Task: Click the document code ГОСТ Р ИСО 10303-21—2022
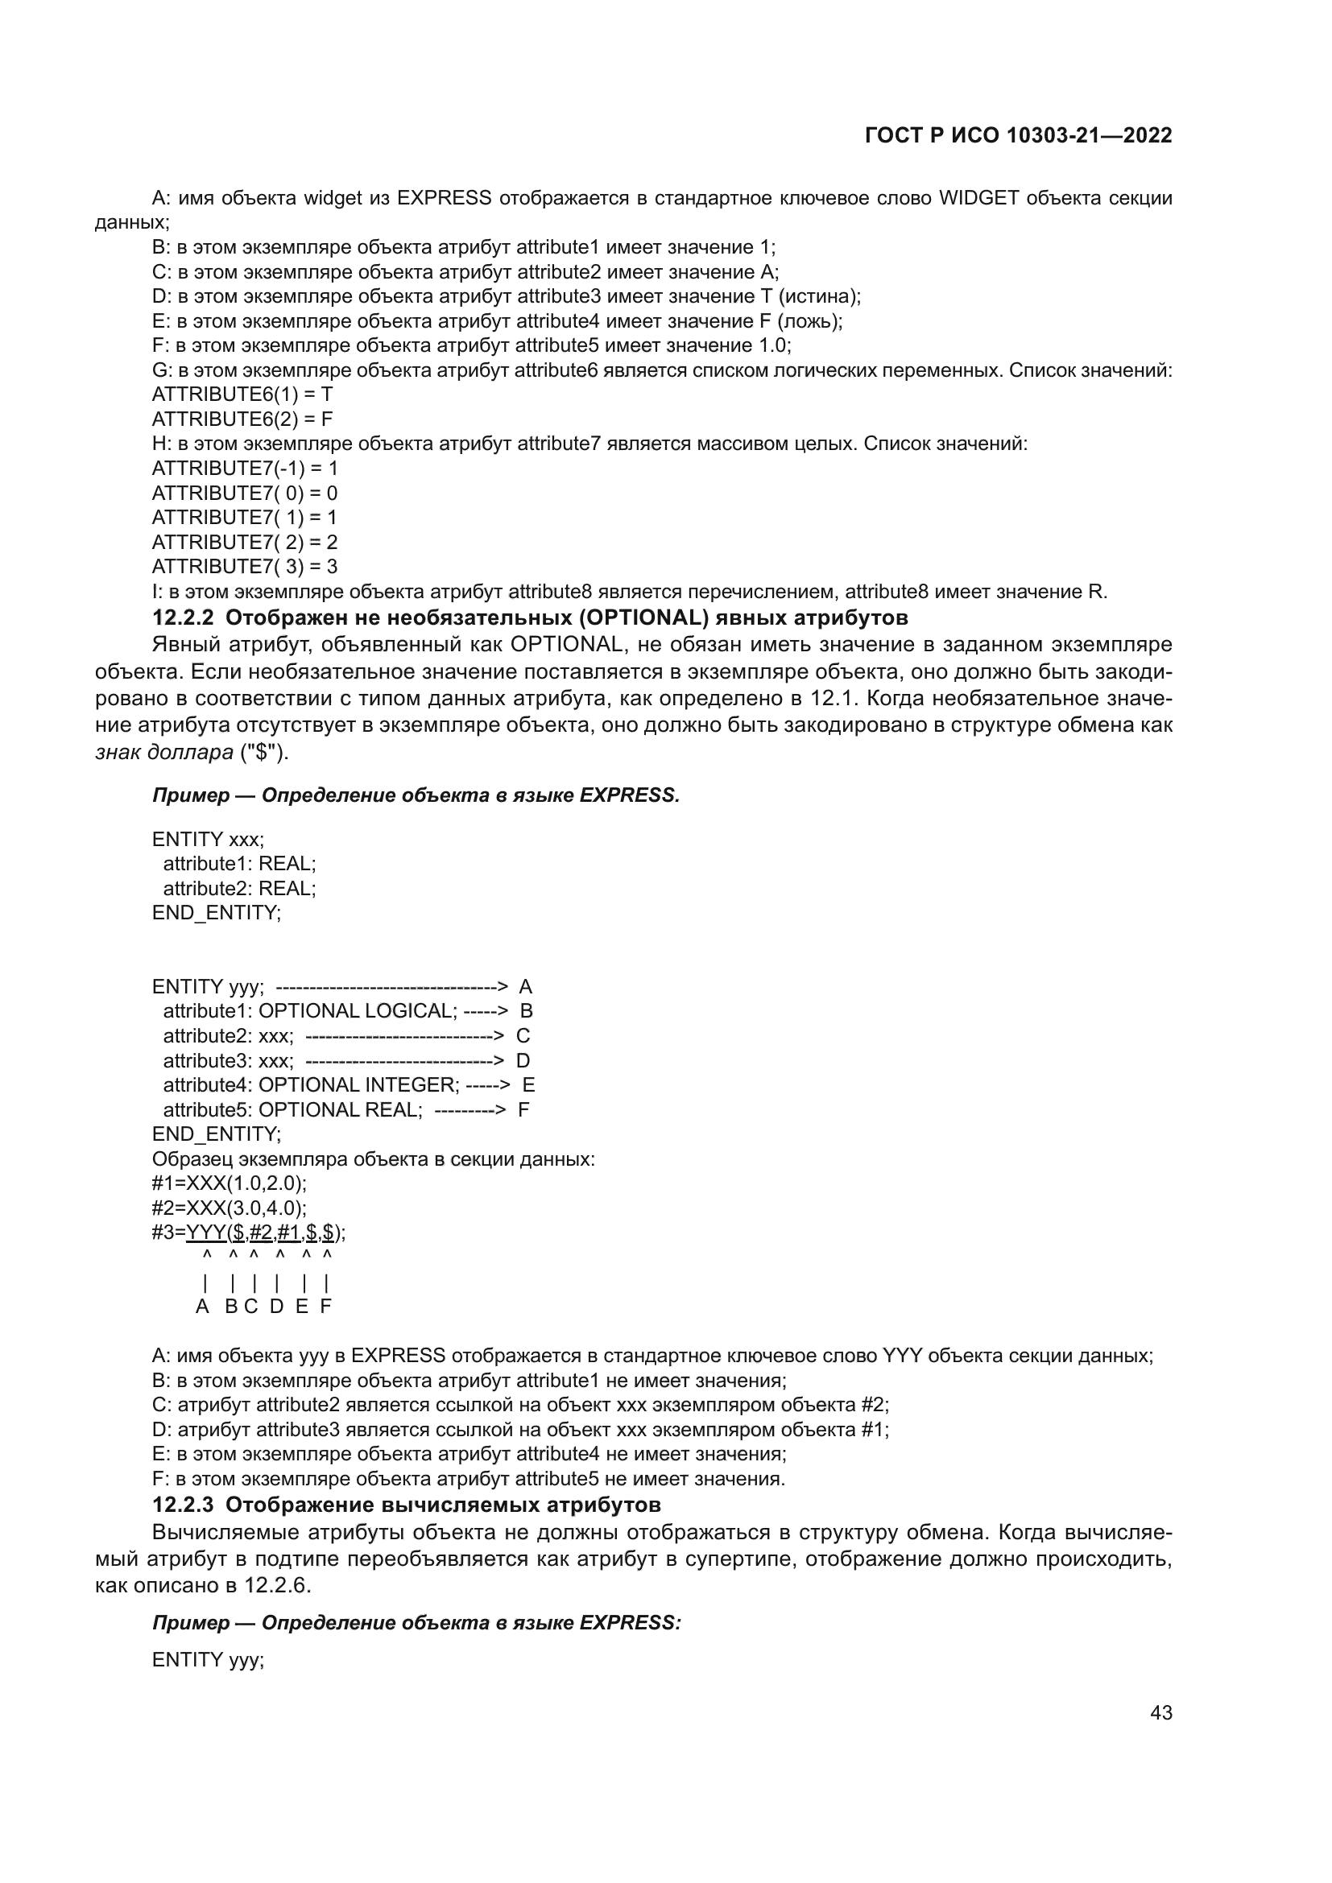1018,135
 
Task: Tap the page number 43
1160,1712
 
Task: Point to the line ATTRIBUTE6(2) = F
242,419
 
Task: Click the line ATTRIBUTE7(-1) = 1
245,469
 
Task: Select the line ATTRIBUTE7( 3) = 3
245,567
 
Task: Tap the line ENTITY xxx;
209,839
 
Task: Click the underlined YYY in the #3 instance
206,1232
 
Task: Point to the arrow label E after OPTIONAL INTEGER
528,1085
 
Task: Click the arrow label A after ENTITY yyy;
526,986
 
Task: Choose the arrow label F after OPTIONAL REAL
523,1109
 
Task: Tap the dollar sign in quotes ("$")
264,752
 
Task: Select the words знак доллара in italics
164,752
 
